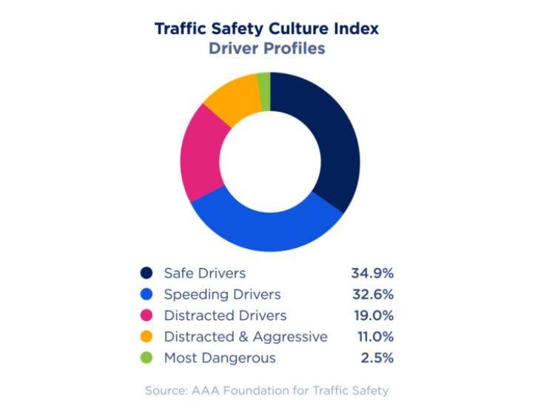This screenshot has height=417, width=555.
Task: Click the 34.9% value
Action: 372,273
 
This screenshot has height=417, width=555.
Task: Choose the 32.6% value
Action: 372,295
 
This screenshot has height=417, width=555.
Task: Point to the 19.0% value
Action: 373,316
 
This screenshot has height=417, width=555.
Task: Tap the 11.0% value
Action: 374,337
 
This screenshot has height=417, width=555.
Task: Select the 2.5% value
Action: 377,358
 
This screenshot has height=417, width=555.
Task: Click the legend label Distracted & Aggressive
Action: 246,337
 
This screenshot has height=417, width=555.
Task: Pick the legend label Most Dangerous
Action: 220,358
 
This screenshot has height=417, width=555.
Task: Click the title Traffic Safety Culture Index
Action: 266,29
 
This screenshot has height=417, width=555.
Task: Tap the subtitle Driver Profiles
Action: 266,49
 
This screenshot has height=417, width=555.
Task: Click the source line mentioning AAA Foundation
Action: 266,390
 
